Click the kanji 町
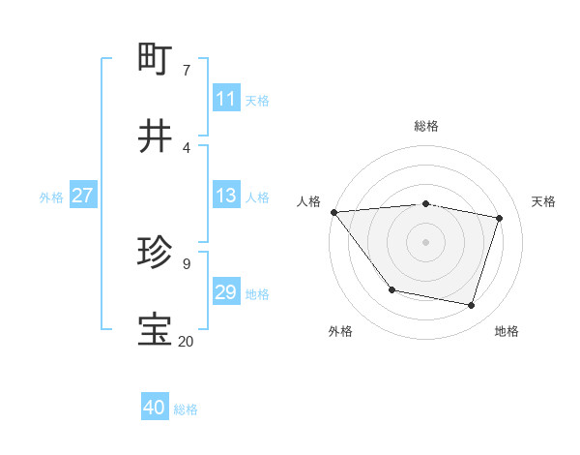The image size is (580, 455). tap(156, 59)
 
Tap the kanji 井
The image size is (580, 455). tap(156, 136)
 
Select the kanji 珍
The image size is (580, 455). tap(156, 253)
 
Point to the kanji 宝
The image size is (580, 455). tap(156, 330)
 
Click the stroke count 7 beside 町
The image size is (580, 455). tap(186, 70)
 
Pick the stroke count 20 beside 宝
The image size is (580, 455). tap(186, 341)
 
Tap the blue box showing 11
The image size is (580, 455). tap(226, 99)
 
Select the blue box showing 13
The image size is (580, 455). tap(226, 196)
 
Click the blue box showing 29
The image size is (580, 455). tap(226, 292)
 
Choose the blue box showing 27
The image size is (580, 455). tap(82, 196)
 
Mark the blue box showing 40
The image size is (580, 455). tap(155, 408)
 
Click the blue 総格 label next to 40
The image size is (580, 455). tap(186, 409)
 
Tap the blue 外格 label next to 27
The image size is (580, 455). tap(51, 197)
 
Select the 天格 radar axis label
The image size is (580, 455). tap(544, 201)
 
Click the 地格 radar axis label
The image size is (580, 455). tap(507, 331)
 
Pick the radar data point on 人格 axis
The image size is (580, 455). tap(333, 212)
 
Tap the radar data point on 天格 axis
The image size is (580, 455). tap(500, 219)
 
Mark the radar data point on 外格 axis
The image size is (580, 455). tap(391, 289)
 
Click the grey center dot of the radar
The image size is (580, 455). tap(425, 241)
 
